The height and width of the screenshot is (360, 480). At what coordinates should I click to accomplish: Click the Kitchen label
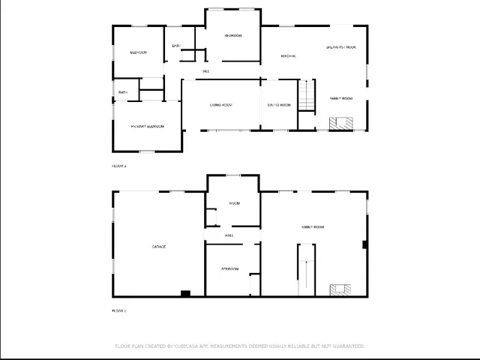(288, 56)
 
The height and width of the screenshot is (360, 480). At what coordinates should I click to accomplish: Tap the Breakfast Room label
(340, 46)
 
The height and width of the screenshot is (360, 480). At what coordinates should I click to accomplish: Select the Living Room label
(220, 105)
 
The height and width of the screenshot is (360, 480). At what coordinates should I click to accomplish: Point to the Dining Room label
(278, 105)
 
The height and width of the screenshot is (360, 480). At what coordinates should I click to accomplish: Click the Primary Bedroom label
(147, 126)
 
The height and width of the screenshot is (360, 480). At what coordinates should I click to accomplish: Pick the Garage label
(159, 247)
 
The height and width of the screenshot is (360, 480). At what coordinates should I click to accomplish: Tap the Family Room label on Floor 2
(341, 98)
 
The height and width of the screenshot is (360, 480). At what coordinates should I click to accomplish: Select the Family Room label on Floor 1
(312, 226)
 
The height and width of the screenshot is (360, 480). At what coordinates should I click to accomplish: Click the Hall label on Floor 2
(205, 71)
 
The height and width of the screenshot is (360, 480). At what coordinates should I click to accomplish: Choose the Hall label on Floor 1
(229, 235)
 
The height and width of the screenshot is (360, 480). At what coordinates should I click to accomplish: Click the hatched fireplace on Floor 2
(342, 123)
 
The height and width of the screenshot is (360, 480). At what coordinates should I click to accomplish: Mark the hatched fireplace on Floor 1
(340, 289)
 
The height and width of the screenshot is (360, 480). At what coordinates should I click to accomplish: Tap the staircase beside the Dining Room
(307, 95)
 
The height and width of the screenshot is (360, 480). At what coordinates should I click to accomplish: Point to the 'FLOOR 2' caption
(119, 166)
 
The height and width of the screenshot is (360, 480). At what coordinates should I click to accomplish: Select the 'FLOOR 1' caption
(119, 310)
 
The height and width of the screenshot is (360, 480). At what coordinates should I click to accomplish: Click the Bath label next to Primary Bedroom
(123, 93)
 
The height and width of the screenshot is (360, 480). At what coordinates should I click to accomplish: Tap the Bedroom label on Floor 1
(229, 268)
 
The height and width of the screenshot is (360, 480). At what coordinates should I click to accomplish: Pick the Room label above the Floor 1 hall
(234, 203)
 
